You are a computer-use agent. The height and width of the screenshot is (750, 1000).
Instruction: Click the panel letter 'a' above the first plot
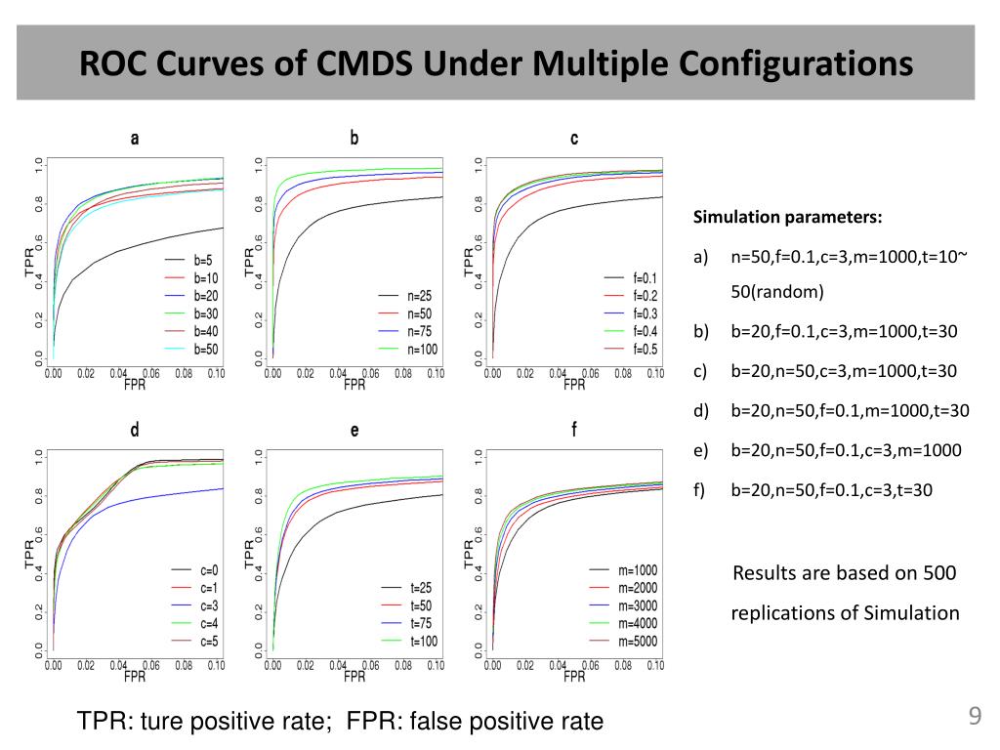pyautogui.click(x=135, y=139)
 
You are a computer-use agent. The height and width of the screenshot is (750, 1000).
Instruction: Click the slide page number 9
pyautogui.click(x=974, y=718)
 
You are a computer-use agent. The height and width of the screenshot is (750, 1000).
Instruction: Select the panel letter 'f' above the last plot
pyautogui.click(x=574, y=429)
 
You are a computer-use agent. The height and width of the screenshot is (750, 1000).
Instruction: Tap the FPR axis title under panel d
pyautogui.click(x=135, y=675)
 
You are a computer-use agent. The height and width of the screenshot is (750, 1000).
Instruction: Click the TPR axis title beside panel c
pyautogui.click(x=468, y=261)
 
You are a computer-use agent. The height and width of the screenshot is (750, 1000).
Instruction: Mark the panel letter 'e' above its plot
pyautogui.click(x=354, y=430)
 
